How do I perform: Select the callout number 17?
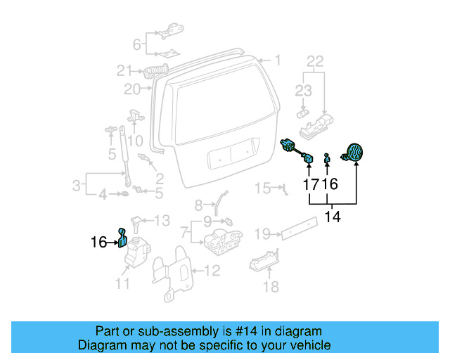pos(311,185)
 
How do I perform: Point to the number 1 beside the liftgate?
pos(277,61)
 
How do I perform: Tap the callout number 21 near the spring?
pos(124,70)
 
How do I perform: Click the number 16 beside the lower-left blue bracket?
pos(99,243)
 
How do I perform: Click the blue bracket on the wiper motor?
pos(122,238)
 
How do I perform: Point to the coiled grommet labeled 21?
pos(156,70)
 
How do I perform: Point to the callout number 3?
pos(76,186)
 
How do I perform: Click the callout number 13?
pos(162,221)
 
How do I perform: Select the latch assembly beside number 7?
pos(220,239)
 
